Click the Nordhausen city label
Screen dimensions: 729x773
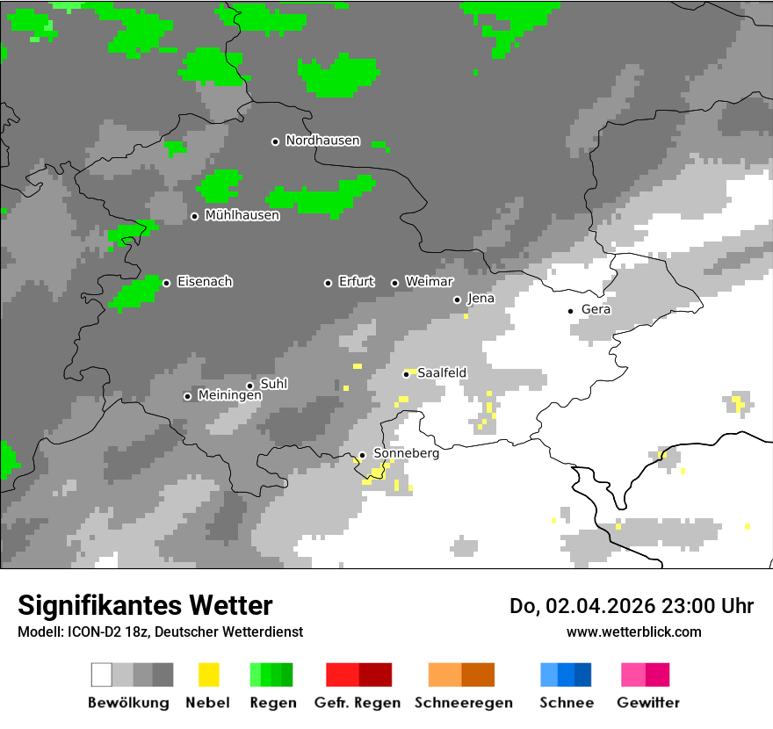click(322, 141)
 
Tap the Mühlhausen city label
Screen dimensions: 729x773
click(242, 215)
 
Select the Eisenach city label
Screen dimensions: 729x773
click(205, 282)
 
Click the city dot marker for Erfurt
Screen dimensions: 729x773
click(328, 283)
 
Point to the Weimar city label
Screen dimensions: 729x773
click(429, 282)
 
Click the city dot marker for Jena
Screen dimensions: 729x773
click(457, 300)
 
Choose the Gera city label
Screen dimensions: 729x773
click(596, 310)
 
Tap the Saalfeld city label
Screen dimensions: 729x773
click(442, 373)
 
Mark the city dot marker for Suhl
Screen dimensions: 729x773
click(250, 386)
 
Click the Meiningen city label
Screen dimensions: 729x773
click(229, 396)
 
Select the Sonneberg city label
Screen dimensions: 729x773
click(406, 454)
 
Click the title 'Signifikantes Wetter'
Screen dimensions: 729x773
click(145, 606)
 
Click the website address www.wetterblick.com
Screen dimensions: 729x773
click(633, 632)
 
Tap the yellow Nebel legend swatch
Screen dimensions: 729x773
click(208, 675)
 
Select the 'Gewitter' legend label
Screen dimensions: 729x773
click(647, 703)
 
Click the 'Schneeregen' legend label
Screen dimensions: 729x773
click(463, 703)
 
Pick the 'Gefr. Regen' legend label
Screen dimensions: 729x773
click(357, 703)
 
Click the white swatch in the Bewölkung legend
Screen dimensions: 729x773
click(101, 675)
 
